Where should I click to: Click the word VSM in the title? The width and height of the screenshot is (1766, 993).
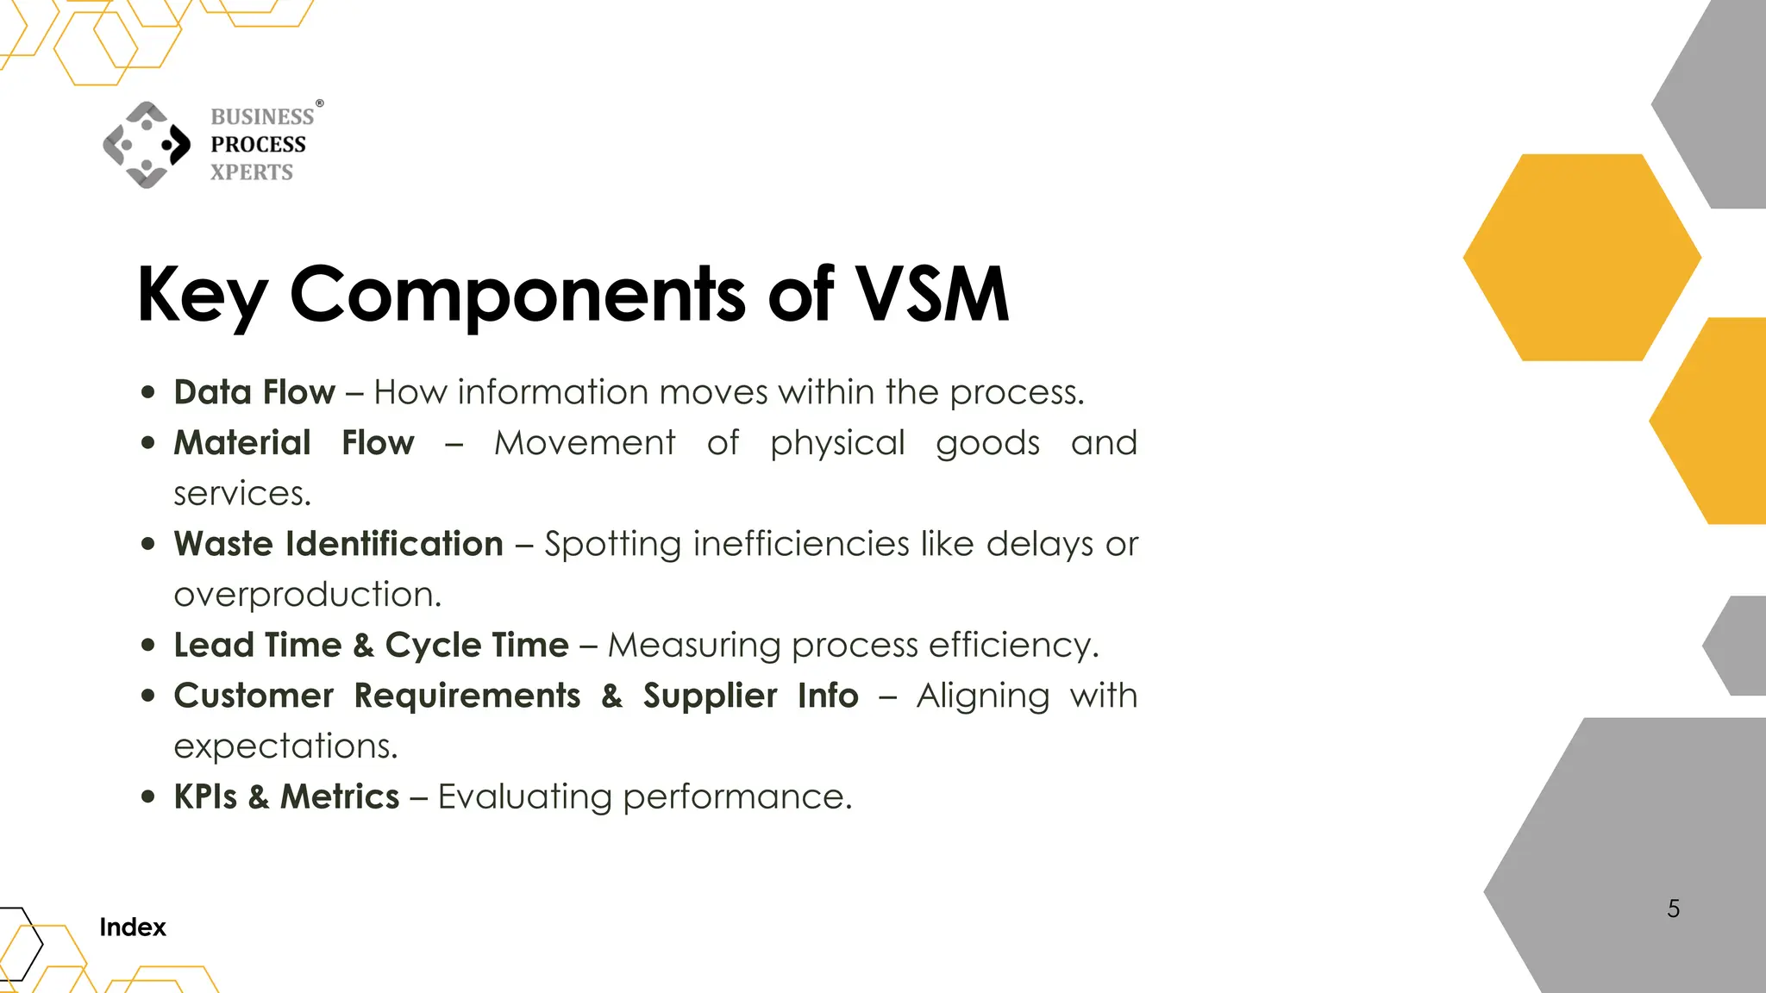point(932,295)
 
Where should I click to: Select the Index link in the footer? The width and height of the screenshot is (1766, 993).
point(132,927)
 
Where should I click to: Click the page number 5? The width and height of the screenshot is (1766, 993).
point(1673,909)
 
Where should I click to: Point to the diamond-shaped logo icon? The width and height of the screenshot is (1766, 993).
point(147,145)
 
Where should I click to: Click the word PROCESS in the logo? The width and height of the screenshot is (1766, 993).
point(258,144)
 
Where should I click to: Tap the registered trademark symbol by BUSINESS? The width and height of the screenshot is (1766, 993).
point(320,103)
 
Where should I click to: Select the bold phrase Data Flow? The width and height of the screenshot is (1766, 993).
point(254,392)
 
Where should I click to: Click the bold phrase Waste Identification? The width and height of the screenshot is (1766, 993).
point(338,544)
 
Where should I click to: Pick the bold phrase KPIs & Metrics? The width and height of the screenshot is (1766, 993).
point(286,796)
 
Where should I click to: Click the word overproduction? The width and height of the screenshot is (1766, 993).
point(307,595)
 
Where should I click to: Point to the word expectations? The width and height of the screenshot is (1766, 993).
point(285,746)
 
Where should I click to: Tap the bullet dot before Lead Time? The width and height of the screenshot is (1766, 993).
point(148,645)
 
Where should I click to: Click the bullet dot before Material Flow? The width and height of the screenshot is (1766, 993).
point(148,443)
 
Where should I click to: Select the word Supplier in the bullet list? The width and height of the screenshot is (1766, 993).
point(710,696)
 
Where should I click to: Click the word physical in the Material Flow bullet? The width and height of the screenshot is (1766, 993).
point(837,443)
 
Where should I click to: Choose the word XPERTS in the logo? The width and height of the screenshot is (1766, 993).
point(252,172)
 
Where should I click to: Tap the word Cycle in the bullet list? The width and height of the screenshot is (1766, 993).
point(433,645)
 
